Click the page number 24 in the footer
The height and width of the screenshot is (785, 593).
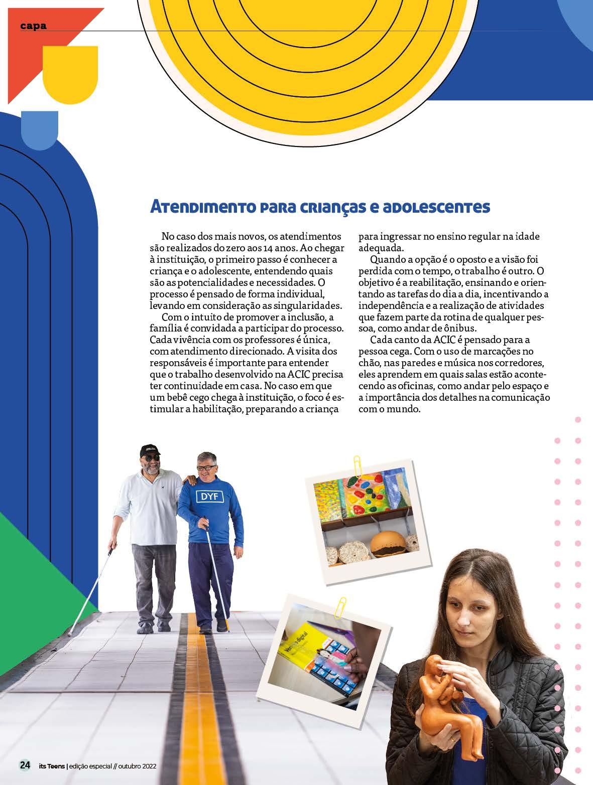point(24,765)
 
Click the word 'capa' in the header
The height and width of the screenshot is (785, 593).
point(34,26)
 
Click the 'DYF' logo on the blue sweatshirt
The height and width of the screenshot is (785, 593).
point(212,497)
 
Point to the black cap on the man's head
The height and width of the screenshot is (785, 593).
point(150,448)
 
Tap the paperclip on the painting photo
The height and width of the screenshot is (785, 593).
point(358,465)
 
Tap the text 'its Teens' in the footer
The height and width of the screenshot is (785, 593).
point(51,766)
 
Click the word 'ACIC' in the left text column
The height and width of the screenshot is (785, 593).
point(300,374)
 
